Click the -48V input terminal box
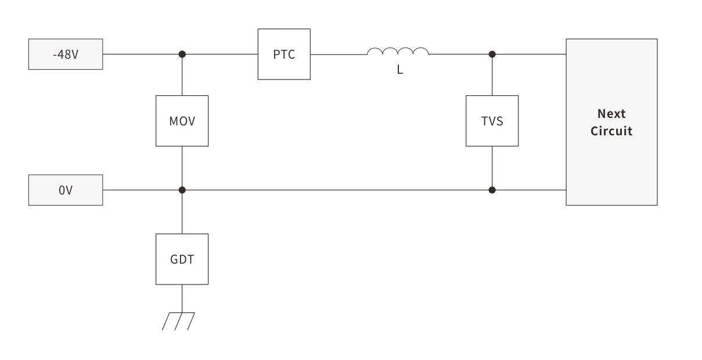click(66, 55)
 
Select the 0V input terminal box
click(66, 190)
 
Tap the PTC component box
click(284, 55)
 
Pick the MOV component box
click(182, 121)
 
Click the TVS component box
click(492, 121)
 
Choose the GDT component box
click(182, 259)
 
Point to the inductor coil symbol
click(398, 52)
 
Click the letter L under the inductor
click(399, 70)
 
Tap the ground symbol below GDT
click(179, 321)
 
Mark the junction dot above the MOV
click(182, 54)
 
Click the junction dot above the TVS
click(492, 54)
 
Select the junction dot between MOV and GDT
click(182, 190)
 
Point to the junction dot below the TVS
click(492, 190)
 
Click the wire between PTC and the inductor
click(338, 55)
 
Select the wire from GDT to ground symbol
click(182, 298)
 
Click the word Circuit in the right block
click(611, 131)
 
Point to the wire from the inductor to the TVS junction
click(460, 55)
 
